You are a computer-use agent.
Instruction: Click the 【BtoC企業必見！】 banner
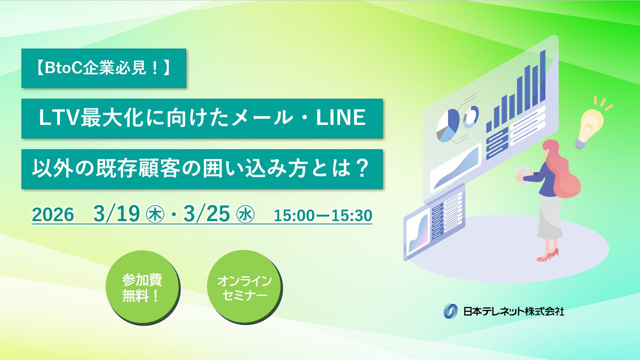[104, 68]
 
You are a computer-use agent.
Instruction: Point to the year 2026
[53, 215]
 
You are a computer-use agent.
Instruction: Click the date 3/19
[117, 214]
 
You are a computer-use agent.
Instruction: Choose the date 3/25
[207, 214]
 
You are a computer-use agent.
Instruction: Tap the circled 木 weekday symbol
[155, 215]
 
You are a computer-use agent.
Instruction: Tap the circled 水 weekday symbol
[245, 215]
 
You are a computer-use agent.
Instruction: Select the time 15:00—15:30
[323, 215]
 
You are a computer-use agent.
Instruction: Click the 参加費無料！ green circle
[142, 287]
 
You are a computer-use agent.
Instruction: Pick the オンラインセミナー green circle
[244, 287]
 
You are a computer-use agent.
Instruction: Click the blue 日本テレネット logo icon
[451, 311]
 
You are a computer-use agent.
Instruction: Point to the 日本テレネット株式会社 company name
[513, 311]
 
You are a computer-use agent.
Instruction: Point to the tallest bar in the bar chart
[543, 76]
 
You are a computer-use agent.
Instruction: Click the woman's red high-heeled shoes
[548, 256]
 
